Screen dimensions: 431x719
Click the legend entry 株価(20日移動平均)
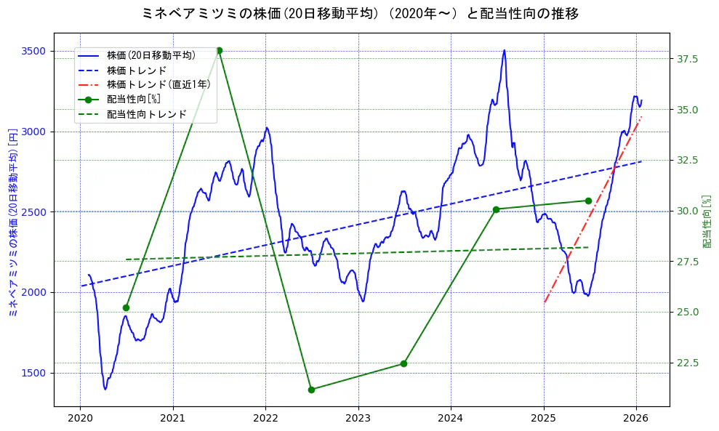click(150, 56)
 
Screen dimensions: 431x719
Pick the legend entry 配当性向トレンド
click(146, 114)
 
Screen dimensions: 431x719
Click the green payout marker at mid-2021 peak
click(219, 51)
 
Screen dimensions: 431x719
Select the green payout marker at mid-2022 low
click(311, 390)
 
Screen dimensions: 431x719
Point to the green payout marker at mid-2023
click(403, 363)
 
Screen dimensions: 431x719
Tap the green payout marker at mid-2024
click(496, 209)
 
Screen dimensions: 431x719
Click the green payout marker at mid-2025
click(588, 201)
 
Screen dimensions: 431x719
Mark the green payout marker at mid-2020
click(126, 307)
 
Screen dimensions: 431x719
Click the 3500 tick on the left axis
click(34, 51)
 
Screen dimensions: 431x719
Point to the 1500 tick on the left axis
click(34, 373)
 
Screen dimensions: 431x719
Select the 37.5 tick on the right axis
click(687, 59)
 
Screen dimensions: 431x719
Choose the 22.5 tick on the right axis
click(687, 363)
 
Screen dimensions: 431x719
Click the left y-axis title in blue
click(12, 219)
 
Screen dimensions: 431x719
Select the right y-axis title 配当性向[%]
click(706, 220)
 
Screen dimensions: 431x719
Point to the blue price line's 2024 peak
click(504, 51)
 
